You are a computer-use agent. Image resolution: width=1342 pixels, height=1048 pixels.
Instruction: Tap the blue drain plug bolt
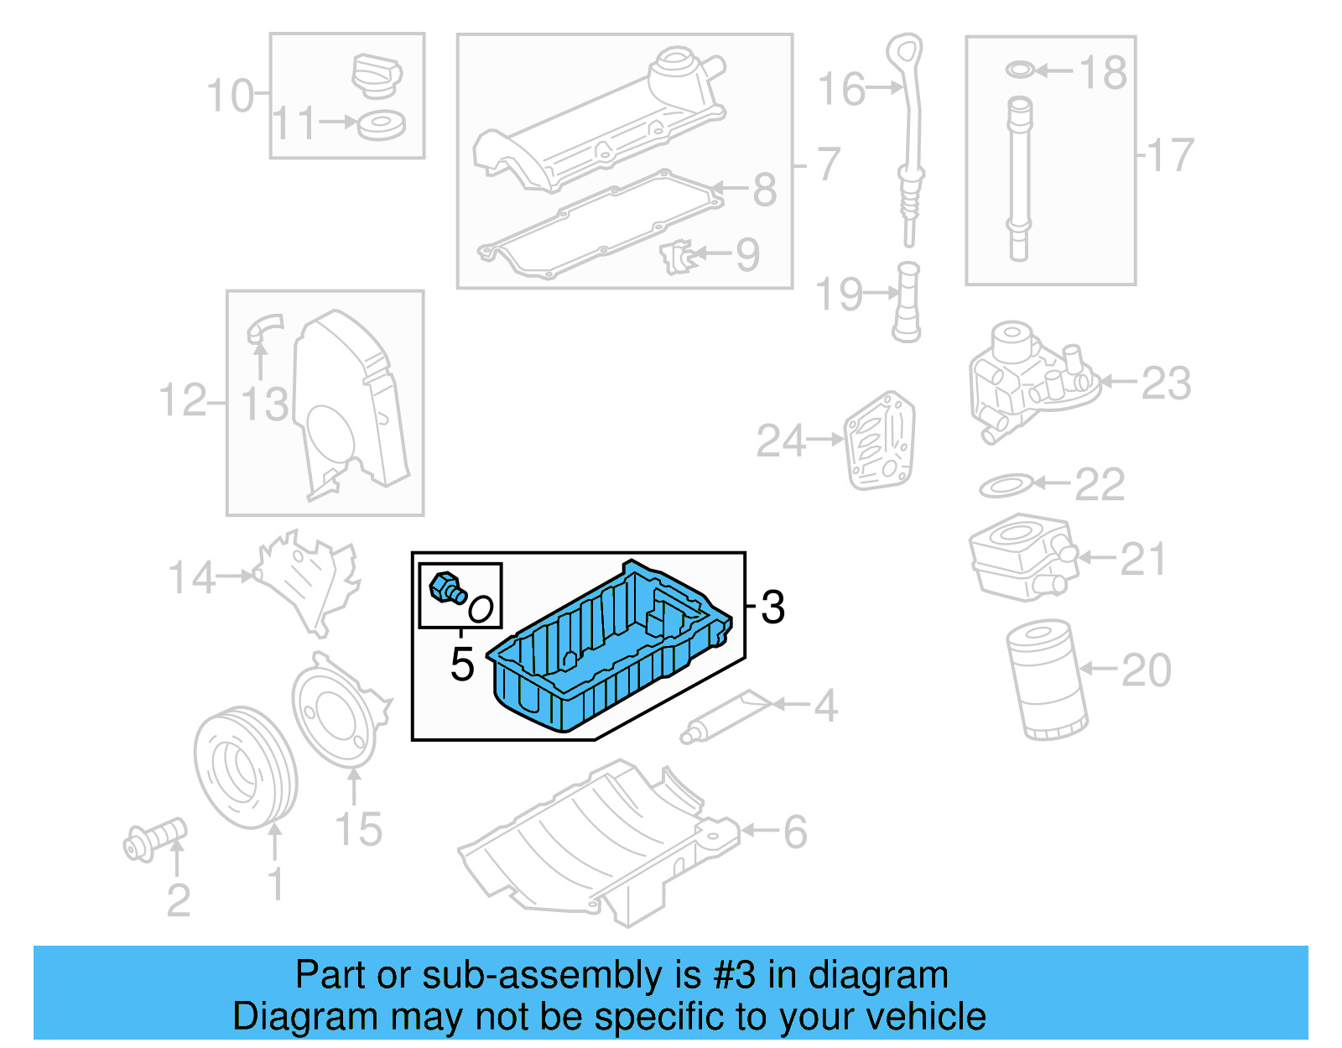[x=446, y=587]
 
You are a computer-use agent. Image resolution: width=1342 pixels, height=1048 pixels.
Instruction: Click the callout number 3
[x=772, y=607]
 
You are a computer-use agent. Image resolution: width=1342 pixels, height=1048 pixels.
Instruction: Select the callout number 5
[x=462, y=664]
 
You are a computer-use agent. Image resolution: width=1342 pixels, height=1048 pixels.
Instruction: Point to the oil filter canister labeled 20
[x=1046, y=680]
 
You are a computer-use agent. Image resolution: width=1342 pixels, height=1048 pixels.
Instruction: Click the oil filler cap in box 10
[x=377, y=76]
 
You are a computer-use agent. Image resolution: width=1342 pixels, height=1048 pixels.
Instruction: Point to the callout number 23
[x=1166, y=383]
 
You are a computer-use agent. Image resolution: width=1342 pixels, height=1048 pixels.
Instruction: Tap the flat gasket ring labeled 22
[x=1006, y=485]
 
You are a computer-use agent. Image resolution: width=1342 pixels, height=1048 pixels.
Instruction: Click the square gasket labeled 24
[x=880, y=441]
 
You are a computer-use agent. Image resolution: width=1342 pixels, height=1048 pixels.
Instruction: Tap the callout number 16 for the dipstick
[x=841, y=89]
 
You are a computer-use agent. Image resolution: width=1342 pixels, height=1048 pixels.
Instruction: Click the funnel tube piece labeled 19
[x=907, y=302]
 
